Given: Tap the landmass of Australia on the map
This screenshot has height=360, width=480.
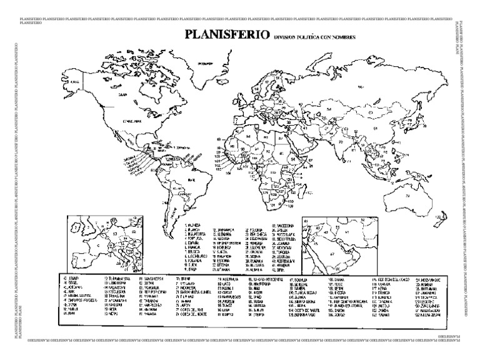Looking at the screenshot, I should pos(410,194).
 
